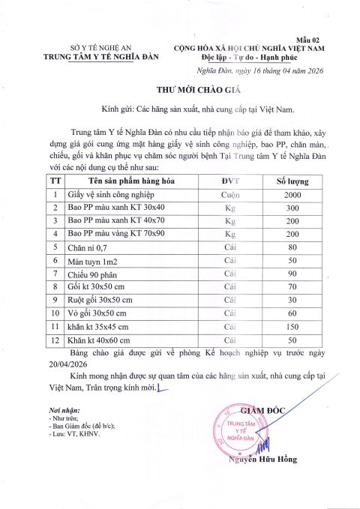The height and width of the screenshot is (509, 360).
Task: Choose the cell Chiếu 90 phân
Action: coord(94,274)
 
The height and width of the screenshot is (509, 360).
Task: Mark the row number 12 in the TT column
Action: coord(55,341)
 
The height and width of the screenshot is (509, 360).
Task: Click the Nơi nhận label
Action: coord(63,412)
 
